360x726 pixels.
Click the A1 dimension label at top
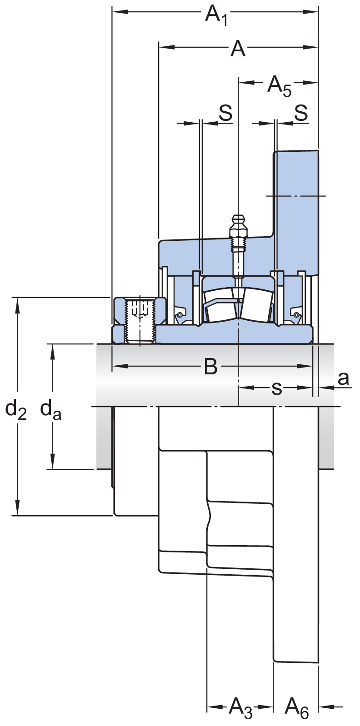216,15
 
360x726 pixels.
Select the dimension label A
238,49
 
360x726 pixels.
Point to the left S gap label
226,113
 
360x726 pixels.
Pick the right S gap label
301,113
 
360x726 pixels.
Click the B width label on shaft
211,367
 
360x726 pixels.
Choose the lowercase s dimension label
277,388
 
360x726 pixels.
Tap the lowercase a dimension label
344,378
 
